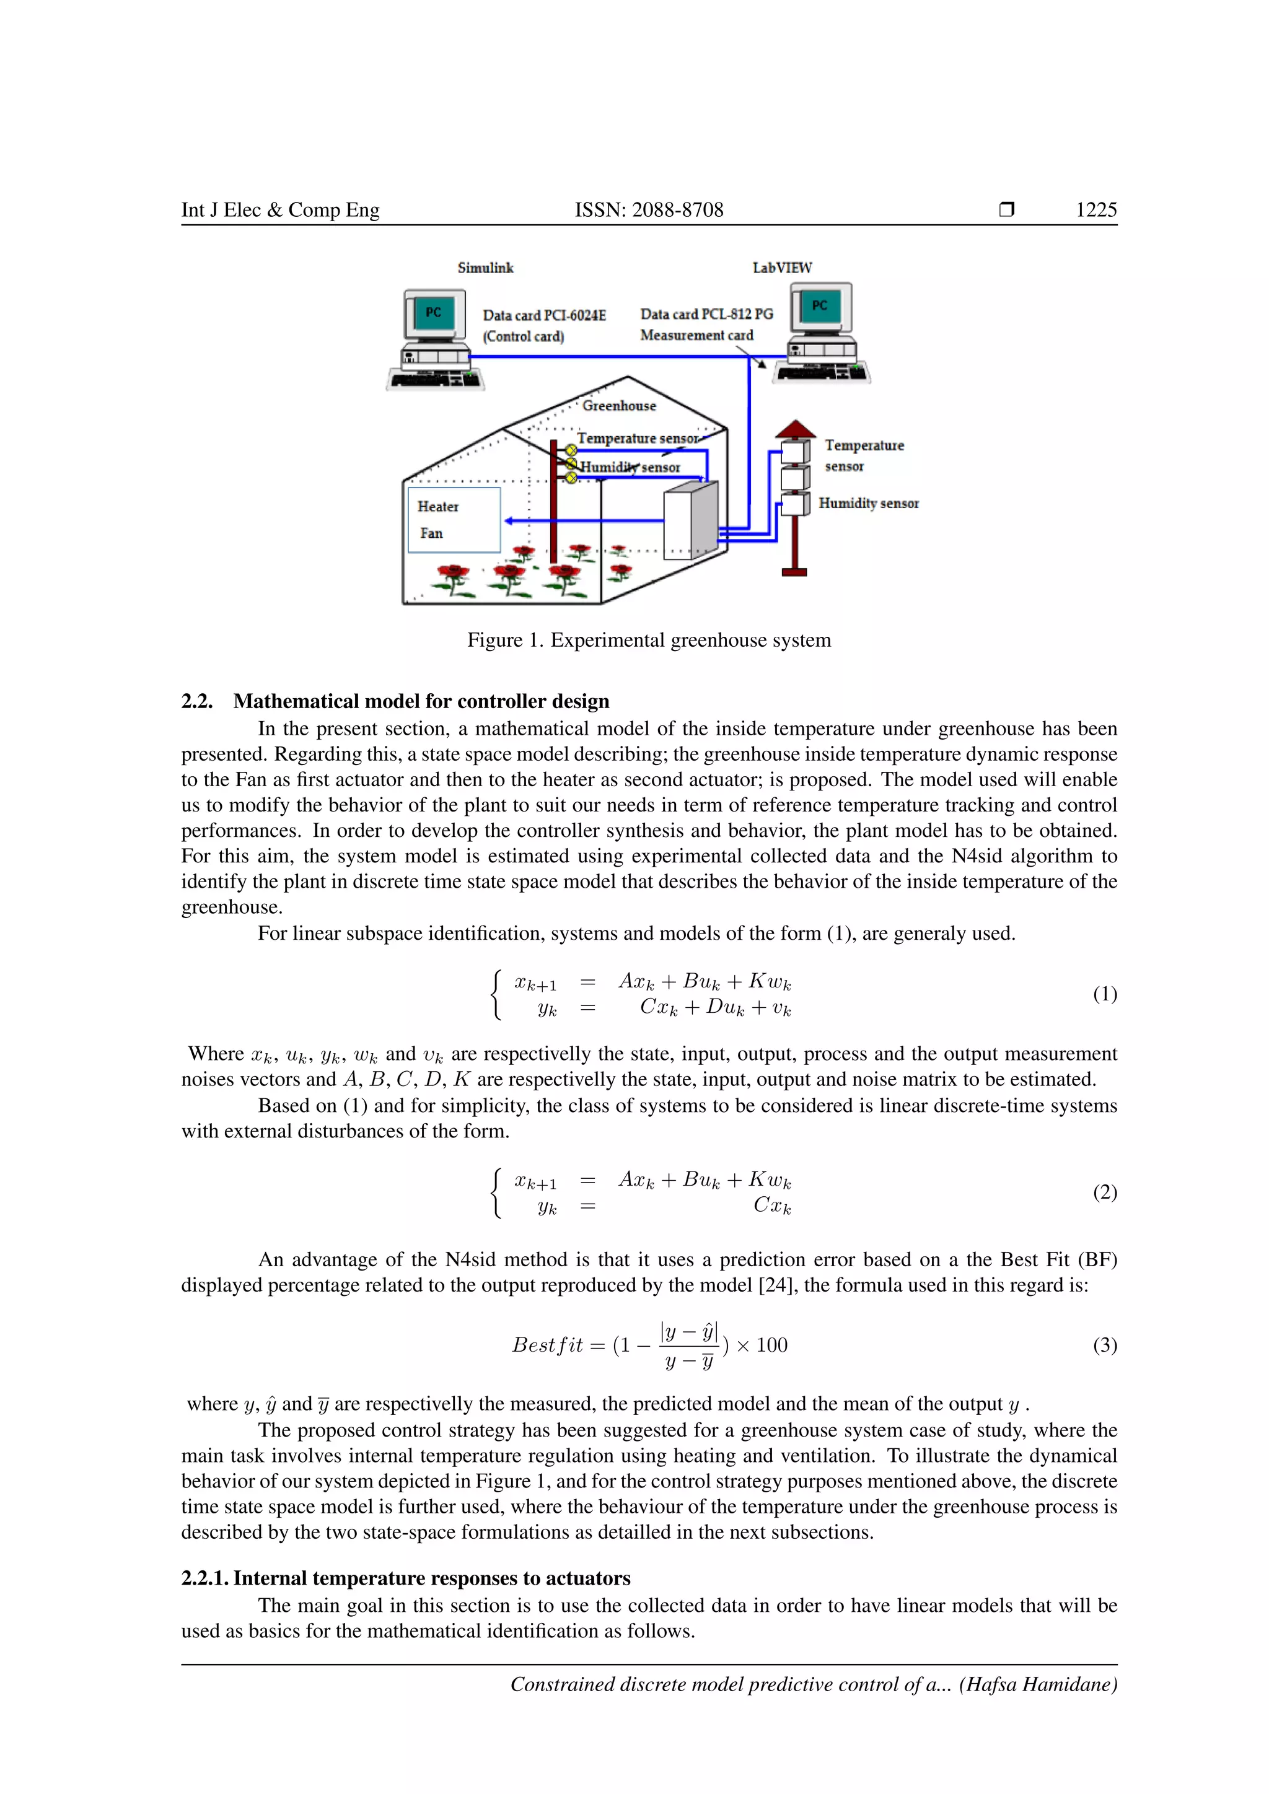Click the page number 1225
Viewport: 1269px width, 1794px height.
coord(1096,209)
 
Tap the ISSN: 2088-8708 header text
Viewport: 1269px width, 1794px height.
coord(649,209)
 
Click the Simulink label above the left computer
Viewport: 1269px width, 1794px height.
coord(485,268)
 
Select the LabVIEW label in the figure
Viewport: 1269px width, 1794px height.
coord(781,268)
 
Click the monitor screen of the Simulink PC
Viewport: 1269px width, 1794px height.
coord(434,313)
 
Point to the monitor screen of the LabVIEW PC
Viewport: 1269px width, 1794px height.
coord(819,305)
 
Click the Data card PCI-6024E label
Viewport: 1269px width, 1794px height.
coord(544,315)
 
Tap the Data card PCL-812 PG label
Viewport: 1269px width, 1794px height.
coord(706,314)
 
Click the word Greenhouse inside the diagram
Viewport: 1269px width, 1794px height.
coord(619,406)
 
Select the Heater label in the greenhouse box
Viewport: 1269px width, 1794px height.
coord(437,506)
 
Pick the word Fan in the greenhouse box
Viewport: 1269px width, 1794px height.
coord(431,533)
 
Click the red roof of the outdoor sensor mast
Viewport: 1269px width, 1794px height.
coord(795,429)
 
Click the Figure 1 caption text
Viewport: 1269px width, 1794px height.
coord(649,640)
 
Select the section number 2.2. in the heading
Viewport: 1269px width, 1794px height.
coord(197,701)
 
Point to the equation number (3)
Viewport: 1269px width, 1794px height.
coord(1104,1345)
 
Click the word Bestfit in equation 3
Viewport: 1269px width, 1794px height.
coord(547,1345)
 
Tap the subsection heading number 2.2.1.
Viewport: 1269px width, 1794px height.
coord(204,1578)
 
